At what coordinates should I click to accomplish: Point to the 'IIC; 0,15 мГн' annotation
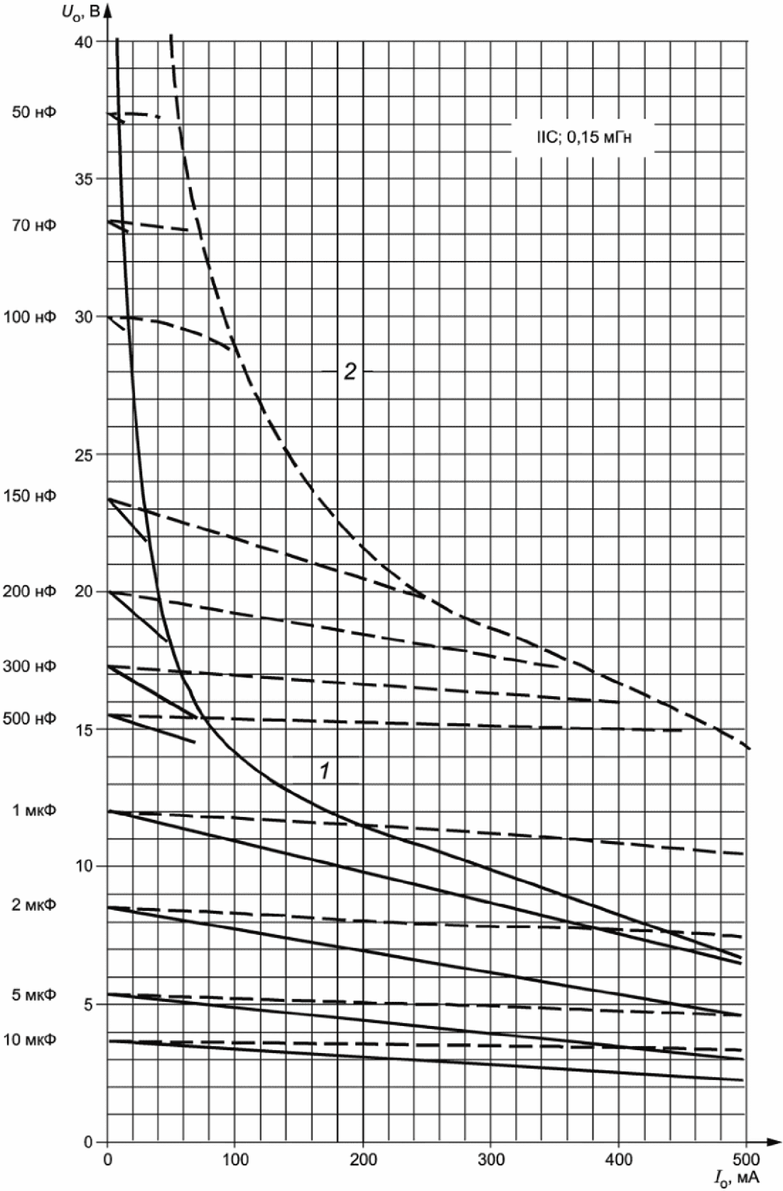584,138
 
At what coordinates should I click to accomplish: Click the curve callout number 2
350,372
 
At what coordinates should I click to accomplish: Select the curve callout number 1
323,770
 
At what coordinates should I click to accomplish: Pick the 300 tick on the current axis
490,1160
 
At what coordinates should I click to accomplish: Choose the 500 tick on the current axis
746,1160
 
